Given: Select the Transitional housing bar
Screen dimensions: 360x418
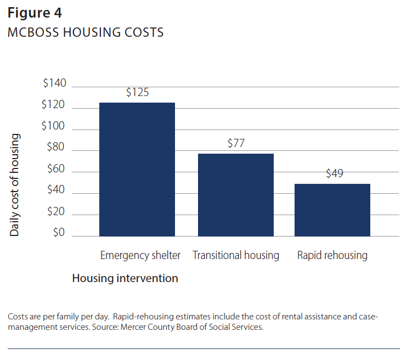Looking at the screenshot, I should tap(235, 195).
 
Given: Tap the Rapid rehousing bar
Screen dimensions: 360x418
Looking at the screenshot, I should tap(332, 210).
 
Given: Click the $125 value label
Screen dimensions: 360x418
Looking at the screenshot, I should tap(137, 92).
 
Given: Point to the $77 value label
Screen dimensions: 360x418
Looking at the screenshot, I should tap(236, 144).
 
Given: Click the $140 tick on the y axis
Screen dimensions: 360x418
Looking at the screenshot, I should tap(54, 83).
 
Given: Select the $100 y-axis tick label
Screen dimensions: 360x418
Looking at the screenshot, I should tap(53, 126).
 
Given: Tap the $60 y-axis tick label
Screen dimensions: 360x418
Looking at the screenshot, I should tap(57, 169).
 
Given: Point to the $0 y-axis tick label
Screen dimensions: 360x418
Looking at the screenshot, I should tap(59, 233).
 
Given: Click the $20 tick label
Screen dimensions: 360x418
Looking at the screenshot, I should tap(57, 212).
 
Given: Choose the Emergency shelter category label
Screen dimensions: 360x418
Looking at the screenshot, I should tap(140, 255).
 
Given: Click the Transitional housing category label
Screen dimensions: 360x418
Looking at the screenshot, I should tap(236, 255).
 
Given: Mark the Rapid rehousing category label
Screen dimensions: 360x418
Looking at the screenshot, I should tap(332, 255).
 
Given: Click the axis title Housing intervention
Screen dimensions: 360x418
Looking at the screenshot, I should tap(125, 278).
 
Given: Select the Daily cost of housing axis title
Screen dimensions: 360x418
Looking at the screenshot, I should tap(15, 185).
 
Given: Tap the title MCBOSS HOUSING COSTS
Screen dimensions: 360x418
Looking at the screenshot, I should tap(86, 33).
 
